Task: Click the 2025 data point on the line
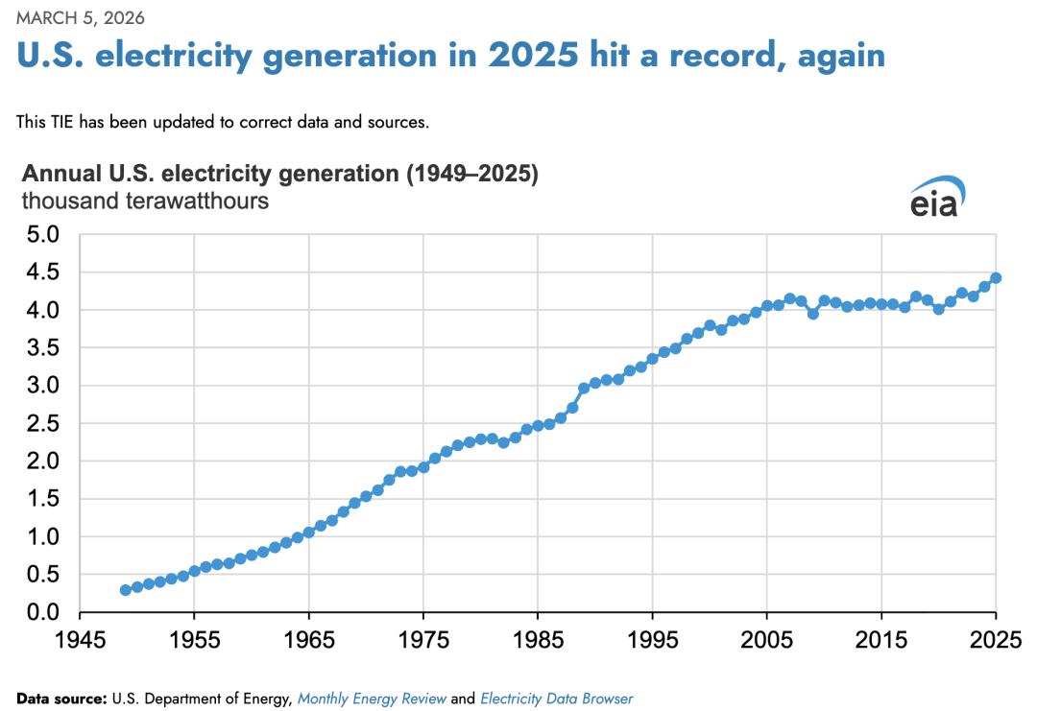996,278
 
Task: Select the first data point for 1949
126,590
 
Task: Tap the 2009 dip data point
812,314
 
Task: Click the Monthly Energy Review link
372,699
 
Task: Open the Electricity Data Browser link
556,699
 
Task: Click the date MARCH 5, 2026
81,18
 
